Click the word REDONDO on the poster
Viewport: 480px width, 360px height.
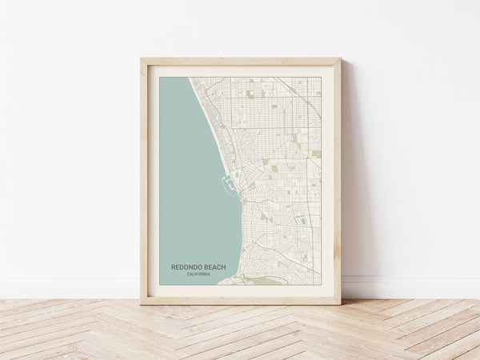click(186, 267)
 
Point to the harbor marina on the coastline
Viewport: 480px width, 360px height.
click(229, 186)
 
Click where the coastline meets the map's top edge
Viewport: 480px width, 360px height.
click(190, 78)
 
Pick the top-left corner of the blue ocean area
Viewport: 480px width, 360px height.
click(160, 78)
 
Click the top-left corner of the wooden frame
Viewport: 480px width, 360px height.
click(141, 58)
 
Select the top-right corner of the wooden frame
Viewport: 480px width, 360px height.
click(340, 58)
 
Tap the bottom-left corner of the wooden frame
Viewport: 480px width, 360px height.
click(141, 304)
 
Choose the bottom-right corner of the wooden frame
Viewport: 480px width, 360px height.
click(340, 304)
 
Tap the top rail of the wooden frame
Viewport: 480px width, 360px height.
click(240, 62)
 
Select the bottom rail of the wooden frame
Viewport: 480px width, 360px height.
click(240, 301)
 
